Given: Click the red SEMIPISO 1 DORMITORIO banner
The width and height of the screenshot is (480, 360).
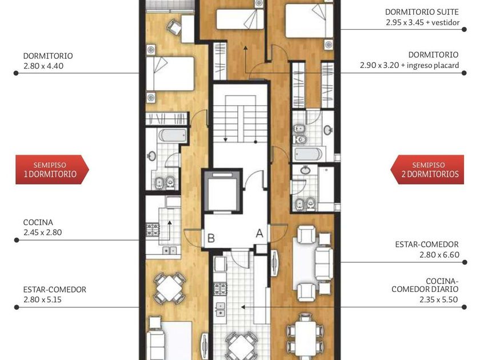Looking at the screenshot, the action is click(52, 170).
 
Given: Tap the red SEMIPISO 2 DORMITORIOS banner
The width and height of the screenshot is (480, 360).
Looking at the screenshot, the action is click(427, 170).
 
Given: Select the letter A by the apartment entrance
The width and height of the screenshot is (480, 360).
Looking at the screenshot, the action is click(259, 234).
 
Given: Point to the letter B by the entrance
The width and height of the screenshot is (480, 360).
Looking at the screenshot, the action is click(211, 238).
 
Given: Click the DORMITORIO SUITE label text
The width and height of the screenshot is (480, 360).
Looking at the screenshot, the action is click(422, 12).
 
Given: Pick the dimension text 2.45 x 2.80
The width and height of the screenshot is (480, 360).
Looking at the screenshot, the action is click(42, 233).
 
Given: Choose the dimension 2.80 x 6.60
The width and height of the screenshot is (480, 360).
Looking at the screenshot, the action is click(439, 255).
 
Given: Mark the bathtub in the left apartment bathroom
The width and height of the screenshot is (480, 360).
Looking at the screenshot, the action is click(173, 135).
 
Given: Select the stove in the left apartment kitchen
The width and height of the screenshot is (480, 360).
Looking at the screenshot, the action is click(153, 230).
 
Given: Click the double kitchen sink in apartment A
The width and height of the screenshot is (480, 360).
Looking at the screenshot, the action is click(220, 309).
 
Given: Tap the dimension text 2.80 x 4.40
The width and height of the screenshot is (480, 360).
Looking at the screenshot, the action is click(43, 66).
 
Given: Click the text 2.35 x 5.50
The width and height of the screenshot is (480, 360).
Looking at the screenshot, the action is click(439, 299).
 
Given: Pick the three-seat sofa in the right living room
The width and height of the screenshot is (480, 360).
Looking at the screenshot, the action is click(323, 263).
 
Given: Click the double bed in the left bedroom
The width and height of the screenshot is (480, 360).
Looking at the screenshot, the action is click(170, 74).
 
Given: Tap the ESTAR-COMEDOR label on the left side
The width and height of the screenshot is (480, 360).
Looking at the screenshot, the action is click(54, 290).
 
